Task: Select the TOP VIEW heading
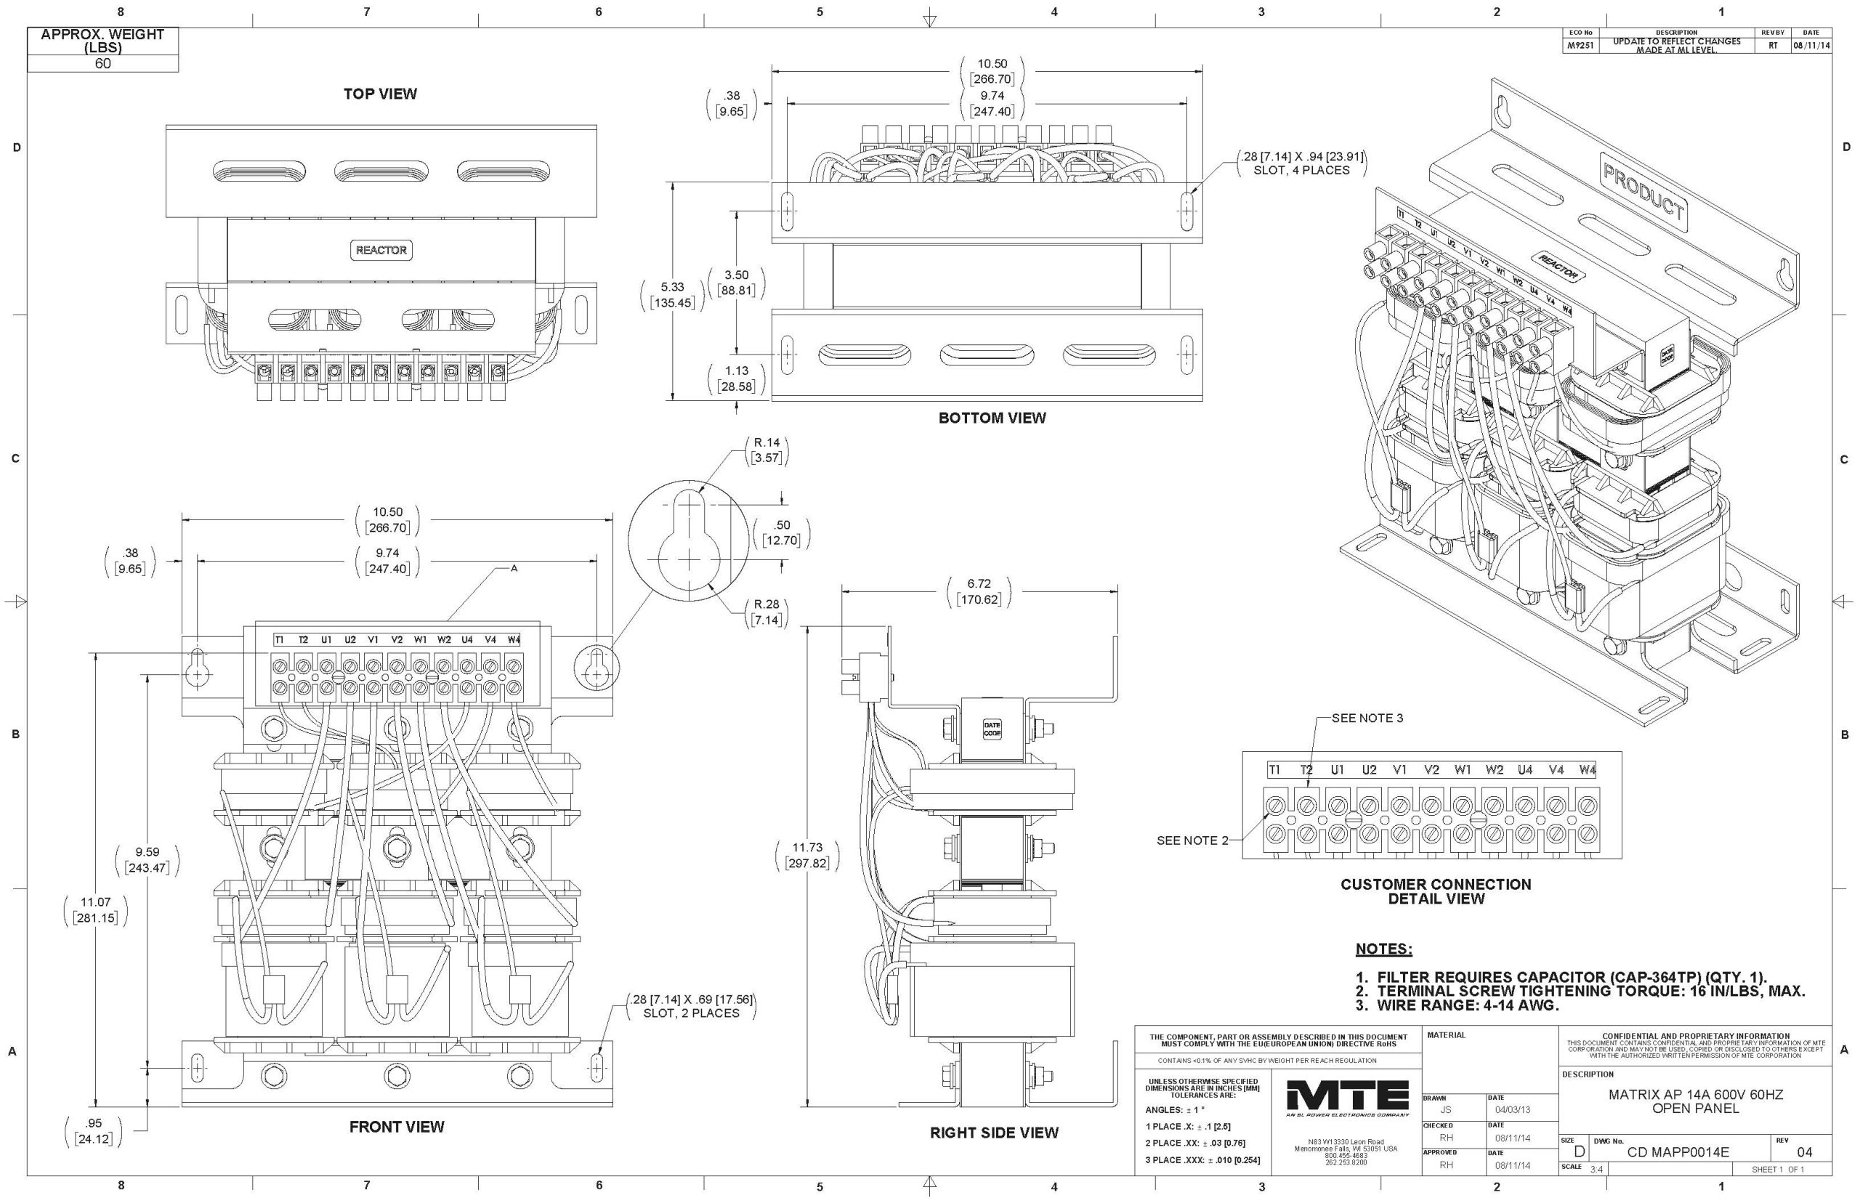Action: click(380, 94)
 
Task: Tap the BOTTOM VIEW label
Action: click(991, 418)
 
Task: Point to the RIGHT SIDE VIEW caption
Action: click(994, 1133)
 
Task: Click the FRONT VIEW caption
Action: click(396, 1127)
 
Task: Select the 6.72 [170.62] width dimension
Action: click(979, 592)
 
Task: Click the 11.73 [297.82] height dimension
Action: click(807, 855)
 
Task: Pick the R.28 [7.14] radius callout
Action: click(766, 612)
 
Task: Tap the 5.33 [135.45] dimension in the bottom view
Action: click(672, 294)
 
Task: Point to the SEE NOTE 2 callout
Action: click(1192, 841)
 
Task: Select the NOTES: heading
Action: click(1383, 949)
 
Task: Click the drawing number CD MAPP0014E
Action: click(1678, 1152)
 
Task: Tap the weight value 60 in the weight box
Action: click(102, 64)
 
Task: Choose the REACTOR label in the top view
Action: click(381, 250)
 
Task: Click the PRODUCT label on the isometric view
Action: click(1643, 191)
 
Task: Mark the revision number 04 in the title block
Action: click(1804, 1152)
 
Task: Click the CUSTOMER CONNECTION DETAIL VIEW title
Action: click(1436, 891)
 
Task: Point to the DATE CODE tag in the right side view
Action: click(991, 729)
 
